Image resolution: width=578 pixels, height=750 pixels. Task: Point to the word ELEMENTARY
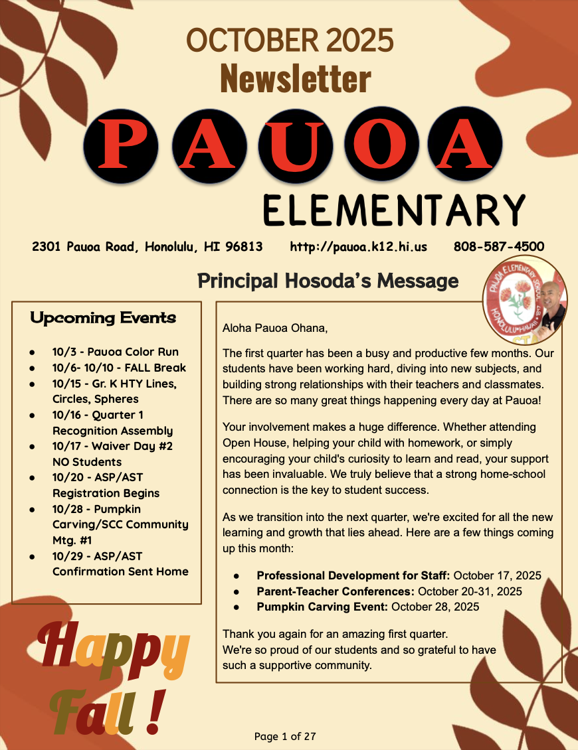393,211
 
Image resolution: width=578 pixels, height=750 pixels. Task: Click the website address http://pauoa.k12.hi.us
359,247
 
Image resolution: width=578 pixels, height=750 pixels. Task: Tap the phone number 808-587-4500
499,247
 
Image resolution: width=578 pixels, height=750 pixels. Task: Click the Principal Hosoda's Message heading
328,281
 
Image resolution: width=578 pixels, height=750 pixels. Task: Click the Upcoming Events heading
103,318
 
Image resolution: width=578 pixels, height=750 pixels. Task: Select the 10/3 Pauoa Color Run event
115,352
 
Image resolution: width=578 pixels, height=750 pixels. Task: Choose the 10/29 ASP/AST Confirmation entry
120,563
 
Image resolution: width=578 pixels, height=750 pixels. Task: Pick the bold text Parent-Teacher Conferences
336,591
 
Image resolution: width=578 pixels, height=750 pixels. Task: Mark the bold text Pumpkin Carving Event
323,607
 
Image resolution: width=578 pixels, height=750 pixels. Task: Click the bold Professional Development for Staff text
353,575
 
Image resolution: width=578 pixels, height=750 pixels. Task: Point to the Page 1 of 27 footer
285,736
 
